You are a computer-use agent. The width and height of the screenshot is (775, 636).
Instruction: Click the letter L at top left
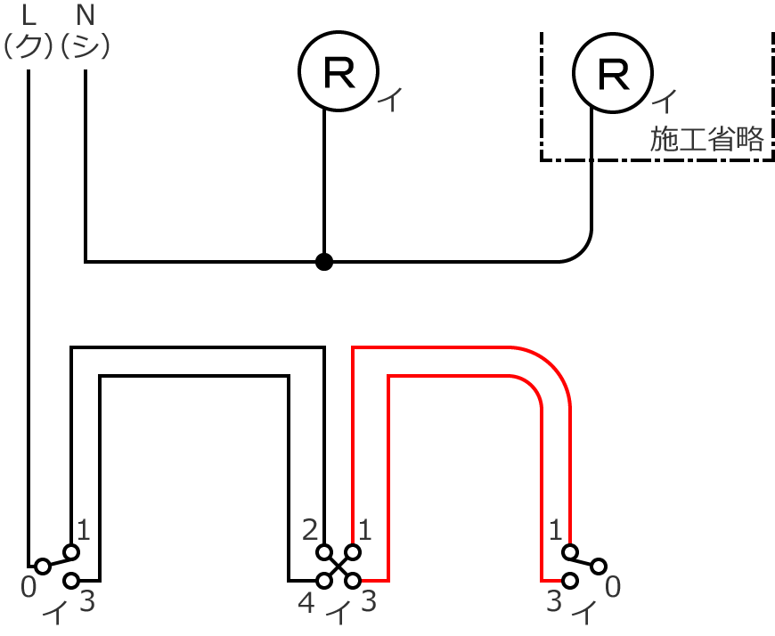tap(29, 15)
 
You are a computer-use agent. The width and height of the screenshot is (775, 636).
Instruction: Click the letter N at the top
tap(85, 15)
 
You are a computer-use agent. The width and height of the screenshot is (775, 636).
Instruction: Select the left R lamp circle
tap(339, 73)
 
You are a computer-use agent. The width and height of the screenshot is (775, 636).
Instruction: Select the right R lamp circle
tap(612, 73)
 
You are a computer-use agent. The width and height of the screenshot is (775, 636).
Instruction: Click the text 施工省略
tap(706, 140)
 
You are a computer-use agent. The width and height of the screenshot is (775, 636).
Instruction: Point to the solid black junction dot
tap(324, 262)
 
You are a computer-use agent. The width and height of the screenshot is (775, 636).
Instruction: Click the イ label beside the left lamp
tap(390, 101)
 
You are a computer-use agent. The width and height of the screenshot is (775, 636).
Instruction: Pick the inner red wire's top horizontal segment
tap(454, 377)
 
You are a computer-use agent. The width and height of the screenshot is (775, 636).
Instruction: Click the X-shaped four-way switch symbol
tap(338, 566)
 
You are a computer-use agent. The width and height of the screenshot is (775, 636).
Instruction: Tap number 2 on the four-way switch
tap(310, 532)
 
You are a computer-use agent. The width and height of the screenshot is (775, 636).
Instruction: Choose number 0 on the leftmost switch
tap(29, 586)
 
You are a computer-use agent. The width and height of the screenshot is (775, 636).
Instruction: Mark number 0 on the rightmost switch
tap(612, 587)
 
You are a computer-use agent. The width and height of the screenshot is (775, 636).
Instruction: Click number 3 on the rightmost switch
tap(554, 602)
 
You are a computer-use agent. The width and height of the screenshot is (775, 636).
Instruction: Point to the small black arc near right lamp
tap(578, 249)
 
